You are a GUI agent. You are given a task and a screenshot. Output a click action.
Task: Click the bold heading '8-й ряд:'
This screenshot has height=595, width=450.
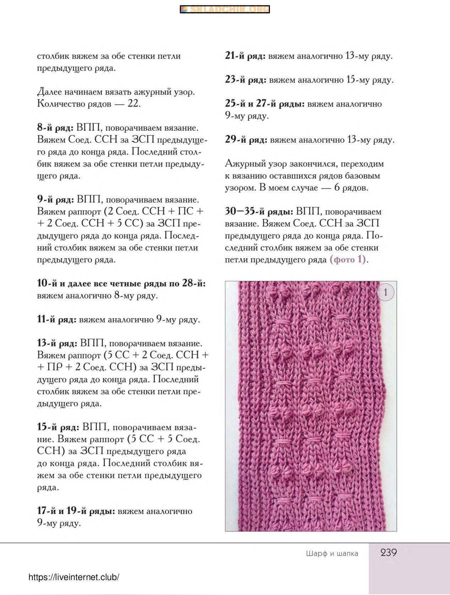coord(55,128)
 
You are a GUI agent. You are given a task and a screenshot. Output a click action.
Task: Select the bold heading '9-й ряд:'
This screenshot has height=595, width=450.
coord(55,200)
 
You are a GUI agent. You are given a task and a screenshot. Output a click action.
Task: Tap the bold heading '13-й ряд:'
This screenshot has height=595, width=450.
coord(57,343)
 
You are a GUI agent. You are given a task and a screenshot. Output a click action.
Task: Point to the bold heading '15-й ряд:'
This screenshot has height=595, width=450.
coord(58,427)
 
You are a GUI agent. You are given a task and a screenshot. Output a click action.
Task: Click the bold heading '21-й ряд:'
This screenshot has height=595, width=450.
coord(245,56)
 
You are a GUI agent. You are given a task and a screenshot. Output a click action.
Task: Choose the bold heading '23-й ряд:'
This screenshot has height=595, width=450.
coord(245,80)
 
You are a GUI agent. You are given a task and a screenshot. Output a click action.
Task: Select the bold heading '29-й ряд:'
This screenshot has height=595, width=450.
coord(246,140)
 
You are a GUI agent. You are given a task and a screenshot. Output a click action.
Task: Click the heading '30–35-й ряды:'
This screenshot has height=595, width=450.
coord(259,212)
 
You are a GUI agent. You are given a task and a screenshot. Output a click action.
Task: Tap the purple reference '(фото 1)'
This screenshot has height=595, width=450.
coord(348,260)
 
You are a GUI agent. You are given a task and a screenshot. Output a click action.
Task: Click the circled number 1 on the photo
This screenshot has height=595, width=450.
coord(386,293)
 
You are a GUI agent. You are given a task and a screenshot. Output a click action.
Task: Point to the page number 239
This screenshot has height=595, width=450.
coord(389,553)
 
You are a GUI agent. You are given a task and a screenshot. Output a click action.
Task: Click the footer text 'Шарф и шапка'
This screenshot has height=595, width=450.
coord(332,553)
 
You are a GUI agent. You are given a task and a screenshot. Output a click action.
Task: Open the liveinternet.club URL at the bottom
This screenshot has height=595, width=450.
coord(74,577)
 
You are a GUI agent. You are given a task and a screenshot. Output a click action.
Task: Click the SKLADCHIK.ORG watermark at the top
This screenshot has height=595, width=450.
coord(225,10)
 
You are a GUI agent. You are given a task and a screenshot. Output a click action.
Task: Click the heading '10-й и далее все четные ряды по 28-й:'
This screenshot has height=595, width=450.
coord(121,283)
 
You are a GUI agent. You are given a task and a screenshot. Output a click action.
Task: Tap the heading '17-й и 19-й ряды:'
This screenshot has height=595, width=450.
coord(76,511)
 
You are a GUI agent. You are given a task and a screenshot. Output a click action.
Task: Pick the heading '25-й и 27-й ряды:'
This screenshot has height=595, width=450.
coord(265,104)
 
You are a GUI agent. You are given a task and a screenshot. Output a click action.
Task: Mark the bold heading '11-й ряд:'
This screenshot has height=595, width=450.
coord(56,320)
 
